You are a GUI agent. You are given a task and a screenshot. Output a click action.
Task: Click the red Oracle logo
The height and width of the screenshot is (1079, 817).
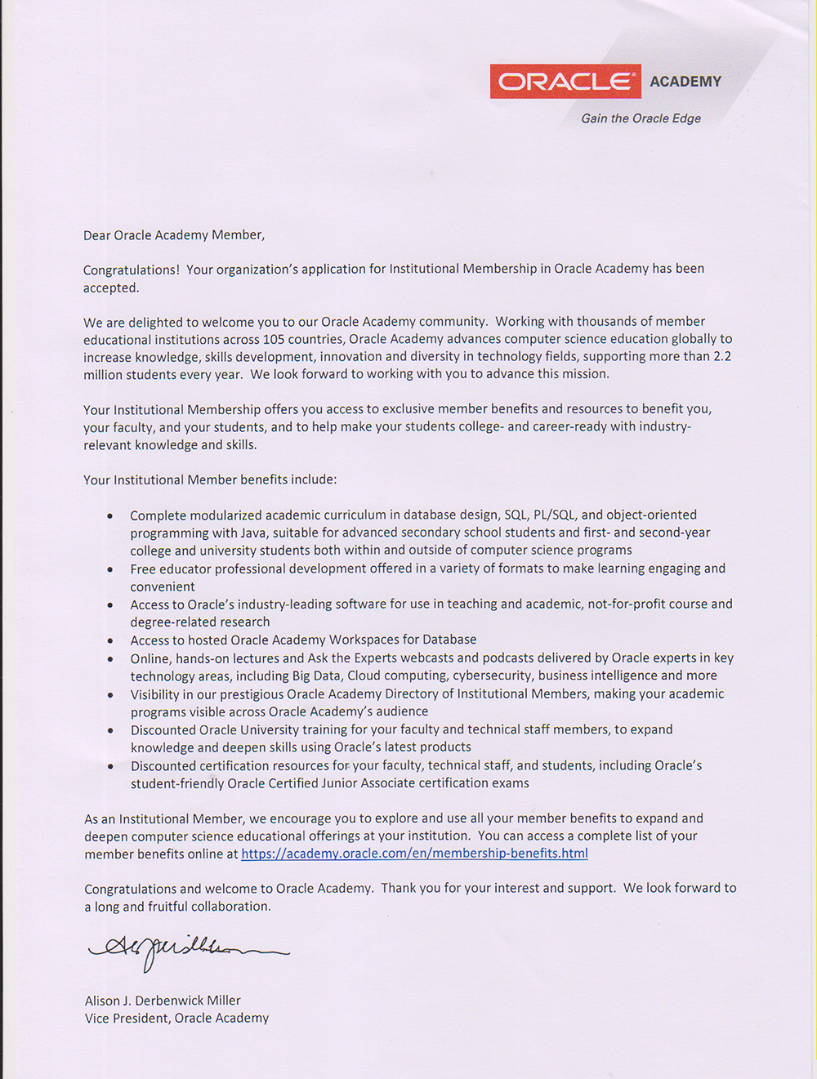565,82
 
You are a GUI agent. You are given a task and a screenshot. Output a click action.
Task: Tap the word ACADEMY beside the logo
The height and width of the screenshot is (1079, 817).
685,82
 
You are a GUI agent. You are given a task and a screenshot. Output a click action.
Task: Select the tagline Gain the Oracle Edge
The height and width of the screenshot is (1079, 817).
641,118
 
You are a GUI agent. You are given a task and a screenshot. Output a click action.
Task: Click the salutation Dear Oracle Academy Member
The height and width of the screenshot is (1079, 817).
174,235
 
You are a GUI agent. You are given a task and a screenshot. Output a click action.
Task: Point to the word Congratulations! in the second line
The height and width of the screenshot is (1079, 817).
131,270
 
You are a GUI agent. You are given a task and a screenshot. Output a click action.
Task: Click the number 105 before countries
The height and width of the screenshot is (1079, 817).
273,339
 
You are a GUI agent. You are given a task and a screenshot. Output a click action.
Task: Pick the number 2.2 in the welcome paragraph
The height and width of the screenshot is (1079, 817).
722,356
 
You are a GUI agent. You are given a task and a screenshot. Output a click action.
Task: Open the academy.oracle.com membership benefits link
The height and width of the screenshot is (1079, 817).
414,854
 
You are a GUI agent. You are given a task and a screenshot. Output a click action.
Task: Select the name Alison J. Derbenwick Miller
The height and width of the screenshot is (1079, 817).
163,1001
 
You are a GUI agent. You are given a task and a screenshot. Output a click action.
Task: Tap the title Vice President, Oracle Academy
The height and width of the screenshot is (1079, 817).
176,1019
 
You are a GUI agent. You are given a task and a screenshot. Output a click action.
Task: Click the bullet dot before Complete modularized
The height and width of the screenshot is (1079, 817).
110,516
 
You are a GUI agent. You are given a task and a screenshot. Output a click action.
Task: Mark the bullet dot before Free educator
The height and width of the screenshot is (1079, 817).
110,569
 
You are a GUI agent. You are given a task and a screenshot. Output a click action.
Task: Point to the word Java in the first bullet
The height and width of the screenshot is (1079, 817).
252,533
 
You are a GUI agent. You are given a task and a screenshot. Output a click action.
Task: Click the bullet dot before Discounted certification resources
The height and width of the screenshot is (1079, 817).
110,767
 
